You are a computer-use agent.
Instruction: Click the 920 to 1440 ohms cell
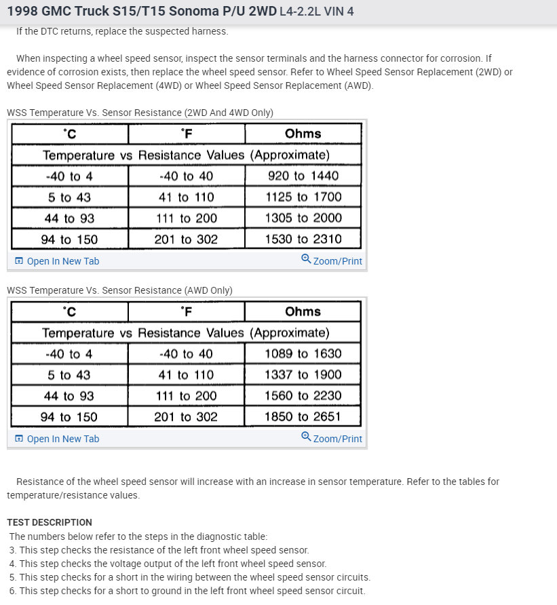pyautogui.click(x=303, y=176)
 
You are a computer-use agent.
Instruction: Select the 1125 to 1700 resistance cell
pyautogui.click(x=303, y=197)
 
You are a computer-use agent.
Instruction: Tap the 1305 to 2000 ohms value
pyautogui.click(x=303, y=218)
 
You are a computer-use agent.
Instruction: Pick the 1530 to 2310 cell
pyautogui.click(x=303, y=239)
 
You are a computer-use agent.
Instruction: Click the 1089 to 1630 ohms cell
pyautogui.click(x=303, y=353)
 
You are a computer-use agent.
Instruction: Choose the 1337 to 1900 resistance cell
pyautogui.click(x=303, y=374)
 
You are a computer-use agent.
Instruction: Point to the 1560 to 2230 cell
pyautogui.click(x=303, y=395)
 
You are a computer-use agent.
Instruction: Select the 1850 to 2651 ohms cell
pyautogui.click(x=303, y=416)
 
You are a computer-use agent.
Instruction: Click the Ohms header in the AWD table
pyautogui.click(x=303, y=311)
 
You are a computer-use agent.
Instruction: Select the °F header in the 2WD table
pyautogui.click(x=186, y=134)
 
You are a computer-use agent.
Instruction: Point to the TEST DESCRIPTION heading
pyautogui.click(x=50, y=522)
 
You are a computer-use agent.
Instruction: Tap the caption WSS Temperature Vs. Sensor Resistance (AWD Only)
pyautogui.click(x=119, y=290)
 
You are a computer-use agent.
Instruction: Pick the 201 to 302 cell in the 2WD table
pyautogui.click(x=186, y=239)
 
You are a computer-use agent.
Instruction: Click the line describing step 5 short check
pyautogui.click(x=190, y=577)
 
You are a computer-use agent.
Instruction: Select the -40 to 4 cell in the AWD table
pyautogui.click(x=69, y=353)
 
